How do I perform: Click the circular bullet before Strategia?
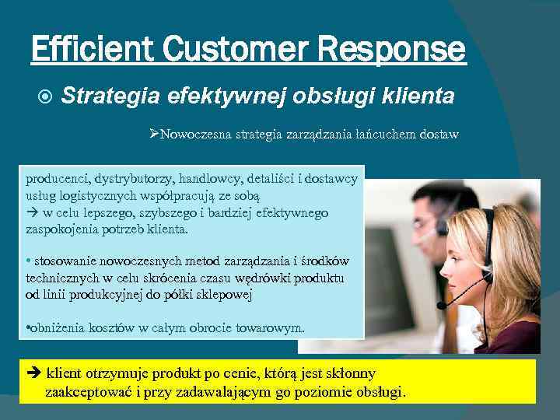click(45, 96)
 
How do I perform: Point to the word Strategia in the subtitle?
click(111, 96)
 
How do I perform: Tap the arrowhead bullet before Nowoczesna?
click(154, 135)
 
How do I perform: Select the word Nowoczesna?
click(195, 135)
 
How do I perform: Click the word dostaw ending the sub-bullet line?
click(439, 135)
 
